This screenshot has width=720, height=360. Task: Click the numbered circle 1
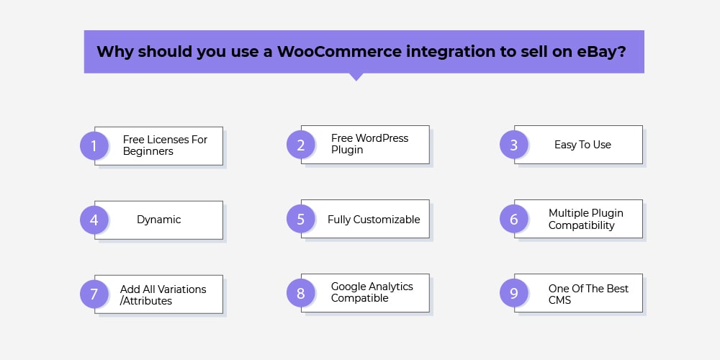click(x=94, y=145)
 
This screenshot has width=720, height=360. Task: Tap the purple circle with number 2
click(x=301, y=145)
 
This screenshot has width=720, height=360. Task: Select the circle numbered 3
click(x=514, y=145)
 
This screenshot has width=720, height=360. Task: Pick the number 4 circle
click(x=94, y=220)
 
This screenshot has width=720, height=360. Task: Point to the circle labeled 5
click(x=301, y=219)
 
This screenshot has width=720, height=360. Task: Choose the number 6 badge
click(x=514, y=219)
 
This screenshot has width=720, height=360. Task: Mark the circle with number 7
click(x=94, y=294)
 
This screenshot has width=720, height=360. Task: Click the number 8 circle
click(x=301, y=293)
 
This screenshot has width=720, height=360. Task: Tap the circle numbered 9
click(x=514, y=293)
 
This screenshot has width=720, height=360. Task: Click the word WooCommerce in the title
click(x=339, y=51)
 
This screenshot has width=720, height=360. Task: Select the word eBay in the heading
click(x=601, y=51)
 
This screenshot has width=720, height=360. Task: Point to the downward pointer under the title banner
click(x=356, y=77)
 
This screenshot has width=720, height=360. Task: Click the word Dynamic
click(x=159, y=220)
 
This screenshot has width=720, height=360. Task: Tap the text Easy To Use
click(x=582, y=145)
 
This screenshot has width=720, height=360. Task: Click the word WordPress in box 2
click(x=382, y=138)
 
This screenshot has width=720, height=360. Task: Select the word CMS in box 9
click(x=559, y=300)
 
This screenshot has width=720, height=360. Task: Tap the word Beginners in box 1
click(x=148, y=151)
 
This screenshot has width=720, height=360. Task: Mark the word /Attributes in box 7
click(x=146, y=301)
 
